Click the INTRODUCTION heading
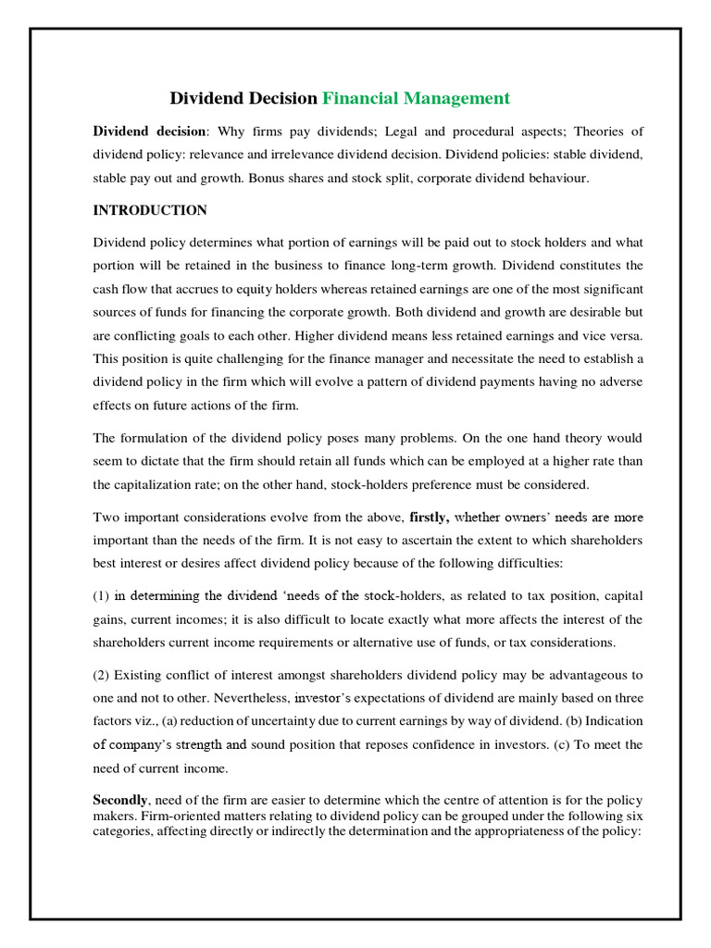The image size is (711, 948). click(x=150, y=210)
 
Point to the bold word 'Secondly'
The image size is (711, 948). click(x=120, y=799)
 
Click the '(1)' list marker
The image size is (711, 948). click(x=102, y=596)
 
